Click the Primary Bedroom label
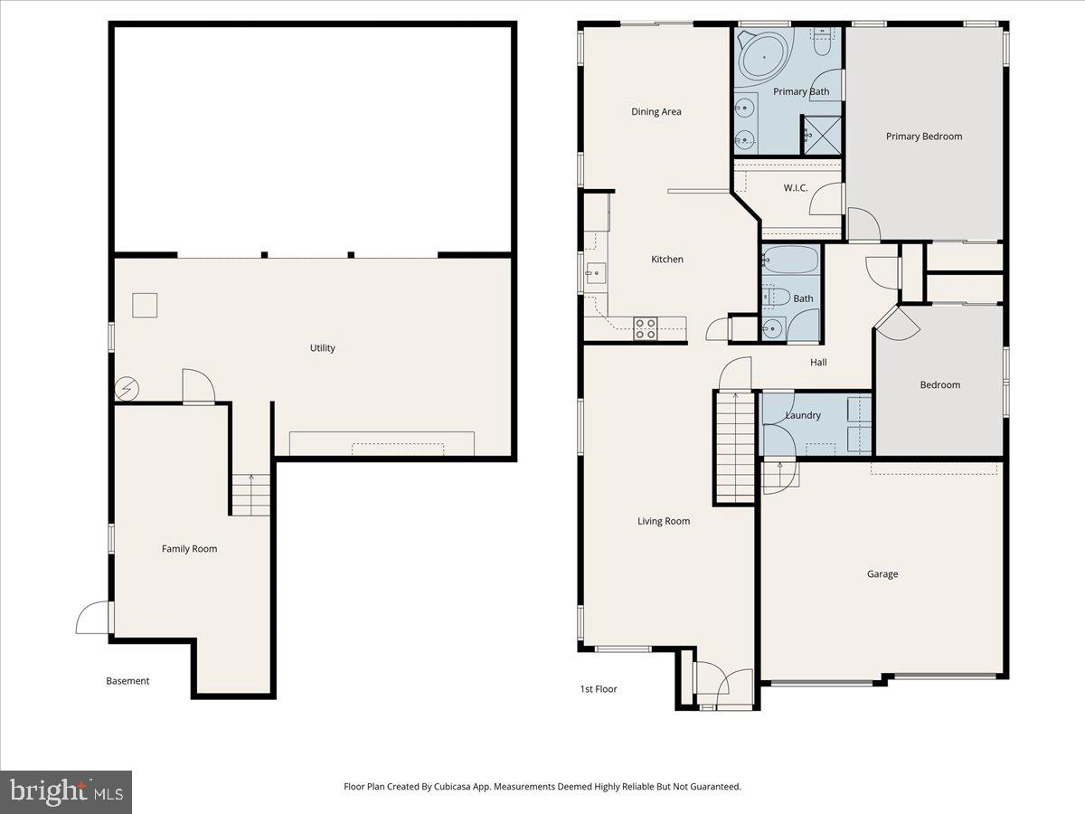tap(923, 137)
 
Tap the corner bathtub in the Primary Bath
tap(764, 57)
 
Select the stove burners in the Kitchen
tap(646, 328)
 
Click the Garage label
tap(882, 574)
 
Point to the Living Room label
tap(664, 522)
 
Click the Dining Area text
tap(656, 112)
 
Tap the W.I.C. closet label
tap(796, 188)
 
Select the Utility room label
tap(323, 348)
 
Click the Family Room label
tap(190, 549)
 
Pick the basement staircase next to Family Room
tap(251, 495)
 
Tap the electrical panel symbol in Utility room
tap(126, 389)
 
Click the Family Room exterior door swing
tap(92, 620)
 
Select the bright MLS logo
tap(66, 792)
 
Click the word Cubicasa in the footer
tap(447, 787)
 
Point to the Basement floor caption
tap(127, 681)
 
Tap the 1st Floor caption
tap(599, 689)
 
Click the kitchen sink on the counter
tap(596, 272)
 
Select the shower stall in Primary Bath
tap(822, 135)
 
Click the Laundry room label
tap(803, 416)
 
